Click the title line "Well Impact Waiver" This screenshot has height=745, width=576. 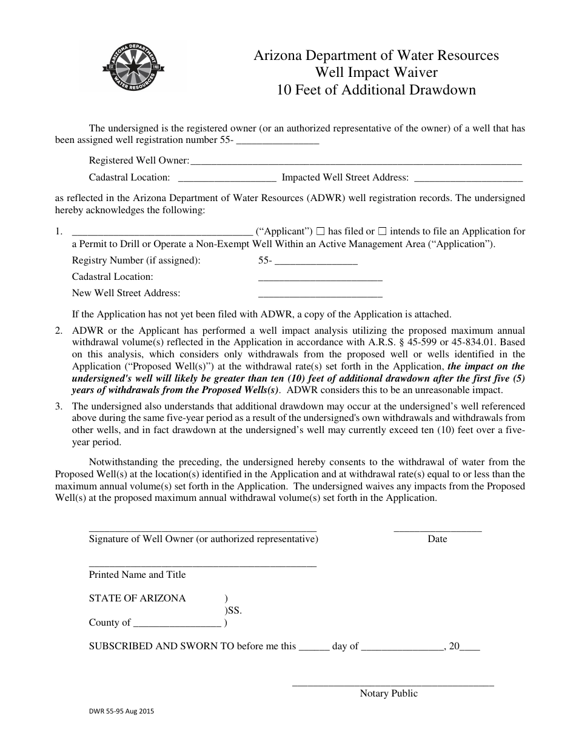tap(376, 73)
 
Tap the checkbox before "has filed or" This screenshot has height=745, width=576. tap(321, 231)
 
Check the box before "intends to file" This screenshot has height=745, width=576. tap(383, 231)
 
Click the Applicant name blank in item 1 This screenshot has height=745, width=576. tap(162, 232)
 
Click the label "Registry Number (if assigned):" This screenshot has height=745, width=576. tap(136, 260)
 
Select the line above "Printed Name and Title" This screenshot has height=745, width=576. tap(203, 565)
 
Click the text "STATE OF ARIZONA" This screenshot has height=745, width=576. tap(138, 598)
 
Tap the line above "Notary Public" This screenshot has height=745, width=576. tap(393, 684)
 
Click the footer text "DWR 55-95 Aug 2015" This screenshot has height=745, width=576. tap(124, 713)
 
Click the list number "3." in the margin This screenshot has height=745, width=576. tap(59, 406)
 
